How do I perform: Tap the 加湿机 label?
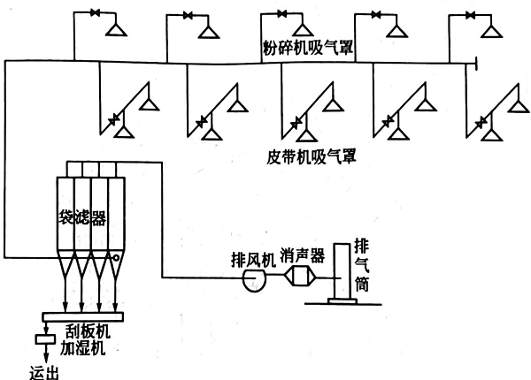coord(87,350)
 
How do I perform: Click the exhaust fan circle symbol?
coord(255,278)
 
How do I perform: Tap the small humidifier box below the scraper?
coord(42,339)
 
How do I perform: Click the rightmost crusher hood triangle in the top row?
coord(490,33)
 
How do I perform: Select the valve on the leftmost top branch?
coord(93,14)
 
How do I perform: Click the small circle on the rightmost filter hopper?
coord(115,257)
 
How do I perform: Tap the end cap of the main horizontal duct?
coord(476,62)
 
